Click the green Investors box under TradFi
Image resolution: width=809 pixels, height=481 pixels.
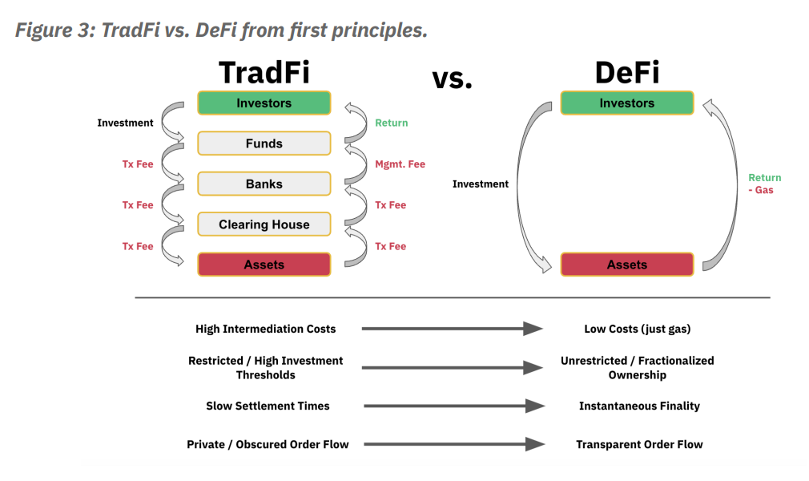pos(264,103)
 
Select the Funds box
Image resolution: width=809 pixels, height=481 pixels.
pos(264,143)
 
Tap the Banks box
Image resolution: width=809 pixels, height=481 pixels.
pos(264,184)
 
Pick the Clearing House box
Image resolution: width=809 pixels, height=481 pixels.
pos(264,224)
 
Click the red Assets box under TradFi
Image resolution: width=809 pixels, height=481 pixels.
pos(264,265)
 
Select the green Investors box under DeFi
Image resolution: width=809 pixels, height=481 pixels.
pos(626,103)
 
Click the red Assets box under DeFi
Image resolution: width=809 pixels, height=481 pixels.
pos(626,265)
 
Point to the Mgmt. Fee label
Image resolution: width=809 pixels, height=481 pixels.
pos(400,164)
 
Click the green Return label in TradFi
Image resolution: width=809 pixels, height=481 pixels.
pos(391,123)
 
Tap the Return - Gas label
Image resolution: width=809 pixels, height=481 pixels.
pos(764,184)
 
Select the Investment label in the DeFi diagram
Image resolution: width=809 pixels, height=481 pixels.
pos(480,184)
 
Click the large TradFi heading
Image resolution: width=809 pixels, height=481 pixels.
pos(264,73)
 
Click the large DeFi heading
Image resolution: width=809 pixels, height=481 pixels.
pos(626,73)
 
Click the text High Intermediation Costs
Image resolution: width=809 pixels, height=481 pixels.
pos(265,329)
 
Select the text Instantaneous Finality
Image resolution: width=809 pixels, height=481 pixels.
pos(639,406)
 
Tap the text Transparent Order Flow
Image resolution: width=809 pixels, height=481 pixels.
pos(639,444)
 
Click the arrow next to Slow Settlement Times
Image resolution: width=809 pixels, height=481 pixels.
pos(454,406)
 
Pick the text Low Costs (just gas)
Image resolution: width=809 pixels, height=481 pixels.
pos(638,329)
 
